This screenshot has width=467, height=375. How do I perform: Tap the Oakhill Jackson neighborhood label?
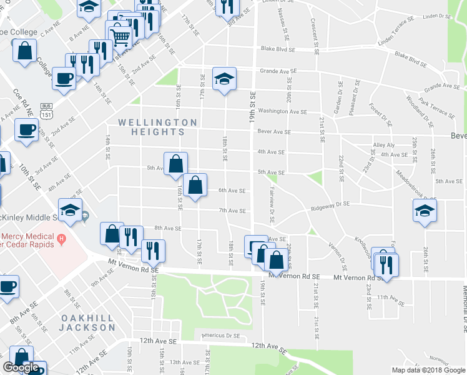point(87,322)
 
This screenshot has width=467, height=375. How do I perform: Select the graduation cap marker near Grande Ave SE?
point(224,79)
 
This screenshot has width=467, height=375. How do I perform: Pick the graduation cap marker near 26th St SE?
point(425,211)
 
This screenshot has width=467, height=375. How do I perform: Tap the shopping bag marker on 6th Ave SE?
point(195,186)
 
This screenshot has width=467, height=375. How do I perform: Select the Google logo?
point(21,367)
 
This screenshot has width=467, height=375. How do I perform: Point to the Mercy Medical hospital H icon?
point(61,237)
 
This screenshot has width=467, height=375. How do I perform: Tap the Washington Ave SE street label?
point(282,112)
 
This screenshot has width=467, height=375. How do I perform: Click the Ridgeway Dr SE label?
point(331,204)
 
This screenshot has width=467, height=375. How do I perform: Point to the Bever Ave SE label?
point(275,132)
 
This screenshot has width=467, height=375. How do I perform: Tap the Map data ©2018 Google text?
point(428,370)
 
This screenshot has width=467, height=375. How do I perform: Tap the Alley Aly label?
point(383,144)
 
